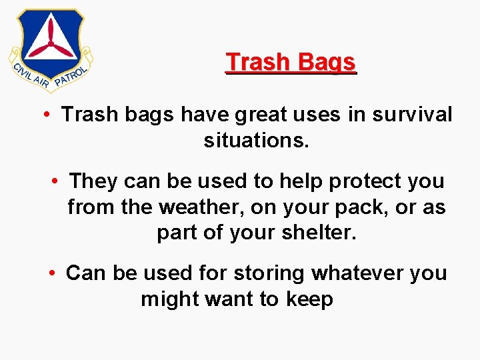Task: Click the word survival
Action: coord(412,115)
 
